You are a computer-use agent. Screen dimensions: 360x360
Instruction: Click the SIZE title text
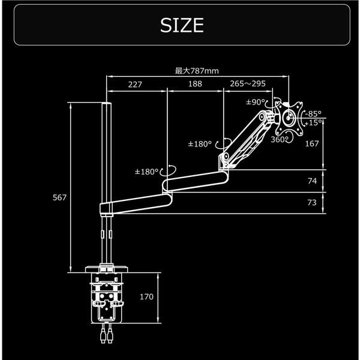(182, 25)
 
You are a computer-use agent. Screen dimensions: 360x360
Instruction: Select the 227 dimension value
(135, 85)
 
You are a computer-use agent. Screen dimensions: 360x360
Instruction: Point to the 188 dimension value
(195, 85)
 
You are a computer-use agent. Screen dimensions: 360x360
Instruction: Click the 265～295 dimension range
(248, 85)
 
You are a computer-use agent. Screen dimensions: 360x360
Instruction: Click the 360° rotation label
(280, 139)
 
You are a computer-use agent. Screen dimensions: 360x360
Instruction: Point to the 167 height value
(311, 144)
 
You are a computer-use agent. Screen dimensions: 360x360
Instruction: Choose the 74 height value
(311, 181)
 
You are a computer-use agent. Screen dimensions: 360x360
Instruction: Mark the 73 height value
(311, 203)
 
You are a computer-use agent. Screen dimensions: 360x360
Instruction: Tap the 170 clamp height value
(147, 297)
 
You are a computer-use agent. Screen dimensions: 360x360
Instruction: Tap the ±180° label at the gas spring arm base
(200, 144)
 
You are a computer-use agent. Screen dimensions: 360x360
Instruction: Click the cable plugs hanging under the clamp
(107, 335)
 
